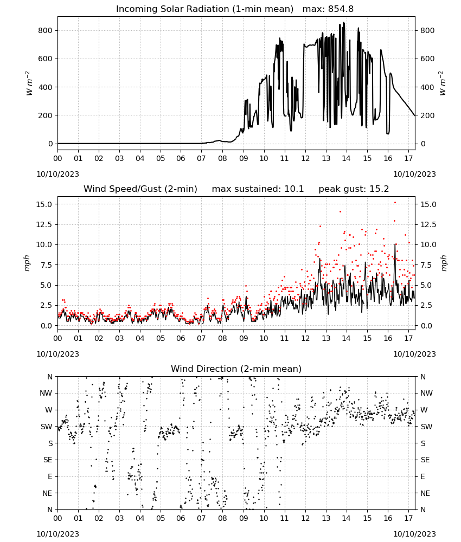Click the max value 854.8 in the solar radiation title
[x=341, y=9]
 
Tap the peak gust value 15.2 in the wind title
[x=380, y=189]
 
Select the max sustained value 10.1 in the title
[x=294, y=189]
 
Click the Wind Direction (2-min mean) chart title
[x=236, y=369]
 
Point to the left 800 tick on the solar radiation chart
[x=46, y=30]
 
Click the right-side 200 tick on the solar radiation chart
[x=427, y=115]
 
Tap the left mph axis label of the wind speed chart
[x=27, y=263]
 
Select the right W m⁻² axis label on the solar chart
[x=443, y=83]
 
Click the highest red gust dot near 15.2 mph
[x=395, y=203]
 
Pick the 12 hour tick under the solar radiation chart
[x=305, y=158]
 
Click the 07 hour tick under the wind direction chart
[x=202, y=518]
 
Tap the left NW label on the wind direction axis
[x=46, y=393]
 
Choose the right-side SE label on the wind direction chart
[x=425, y=460]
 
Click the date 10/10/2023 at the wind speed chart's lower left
[x=57, y=354]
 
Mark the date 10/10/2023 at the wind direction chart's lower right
[x=414, y=534]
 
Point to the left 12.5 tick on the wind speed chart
[x=44, y=224]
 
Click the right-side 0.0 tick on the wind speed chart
[x=426, y=326]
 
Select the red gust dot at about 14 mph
[x=340, y=211]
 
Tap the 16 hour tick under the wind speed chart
[x=388, y=338]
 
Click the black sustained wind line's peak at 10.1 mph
[x=395, y=244]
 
